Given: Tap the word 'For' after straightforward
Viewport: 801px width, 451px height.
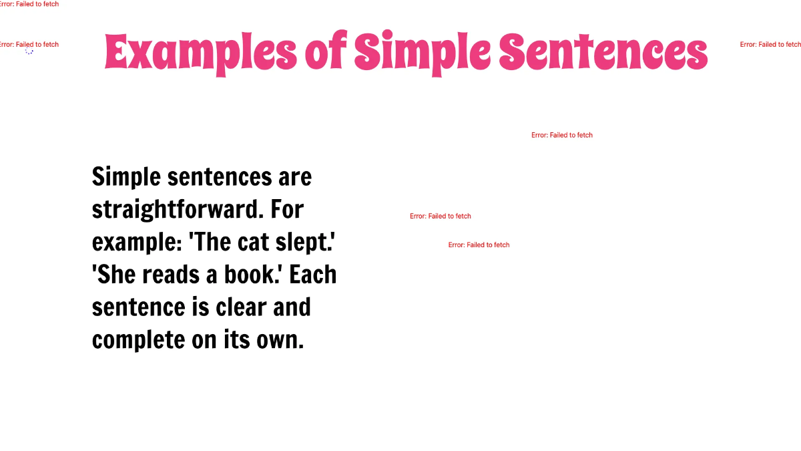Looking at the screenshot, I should [x=287, y=210].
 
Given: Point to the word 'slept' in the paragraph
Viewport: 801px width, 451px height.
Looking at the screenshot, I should [x=307, y=243].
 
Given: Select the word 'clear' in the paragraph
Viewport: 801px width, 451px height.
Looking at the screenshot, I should [x=238, y=307].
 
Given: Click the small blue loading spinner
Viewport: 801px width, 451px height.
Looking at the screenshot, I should [x=29, y=51].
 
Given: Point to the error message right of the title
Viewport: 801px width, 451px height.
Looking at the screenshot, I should [x=770, y=44].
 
